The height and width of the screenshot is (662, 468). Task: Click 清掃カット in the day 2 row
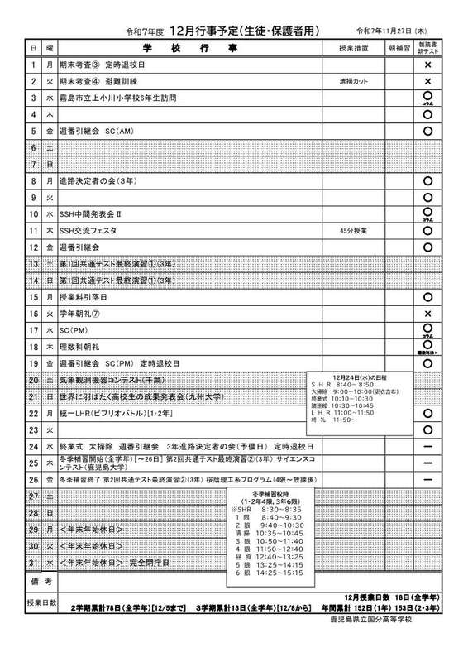(x=351, y=82)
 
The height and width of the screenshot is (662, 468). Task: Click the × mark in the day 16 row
(x=428, y=314)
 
